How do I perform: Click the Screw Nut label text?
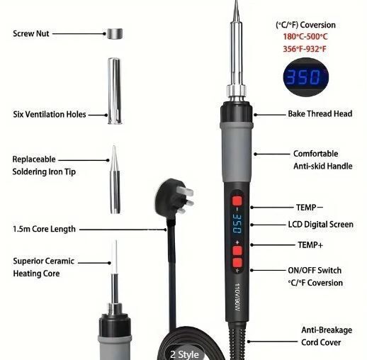click(31, 33)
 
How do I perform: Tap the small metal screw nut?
click(115, 33)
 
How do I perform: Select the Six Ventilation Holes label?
click(50, 114)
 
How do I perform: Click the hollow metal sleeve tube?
click(115, 91)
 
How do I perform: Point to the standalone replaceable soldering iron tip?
click(115, 180)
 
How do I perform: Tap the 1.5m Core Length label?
click(44, 229)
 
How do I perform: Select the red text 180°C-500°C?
click(305, 37)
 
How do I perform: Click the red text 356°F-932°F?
click(305, 49)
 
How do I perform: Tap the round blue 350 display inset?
click(306, 77)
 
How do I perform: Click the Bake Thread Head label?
click(320, 113)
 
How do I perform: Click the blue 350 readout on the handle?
click(237, 223)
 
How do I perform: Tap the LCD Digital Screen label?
click(321, 225)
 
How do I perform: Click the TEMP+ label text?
click(310, 245)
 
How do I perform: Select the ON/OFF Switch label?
click(315, 270)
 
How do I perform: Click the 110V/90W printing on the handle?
click(238, 297)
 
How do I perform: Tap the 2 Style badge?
click(184, 354)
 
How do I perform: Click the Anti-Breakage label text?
click(327, 330)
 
